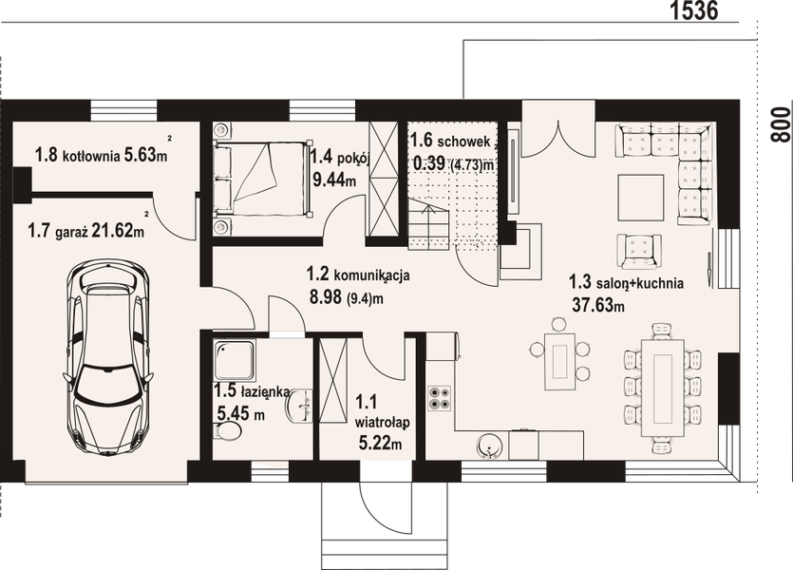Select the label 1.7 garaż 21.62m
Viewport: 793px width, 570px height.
coord(85,229)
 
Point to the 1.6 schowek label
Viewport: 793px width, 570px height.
coord(449,142)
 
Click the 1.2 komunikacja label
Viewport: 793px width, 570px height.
coord(357,275)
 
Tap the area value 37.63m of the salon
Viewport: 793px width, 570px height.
coord(596,305)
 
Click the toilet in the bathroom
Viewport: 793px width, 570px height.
coord(228,432)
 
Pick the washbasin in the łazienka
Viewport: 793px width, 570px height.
coord(303,405)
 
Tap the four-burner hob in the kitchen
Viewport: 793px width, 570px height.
coord(441,398)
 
